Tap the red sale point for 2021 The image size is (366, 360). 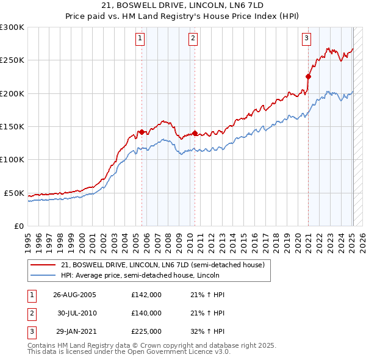[308, 76]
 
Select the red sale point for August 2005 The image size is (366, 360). [142, 132]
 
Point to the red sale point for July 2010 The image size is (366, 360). [195, 133]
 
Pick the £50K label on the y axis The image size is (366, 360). [14, 193]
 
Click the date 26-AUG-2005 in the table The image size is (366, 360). [74, 295]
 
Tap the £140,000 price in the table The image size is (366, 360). [146, 313]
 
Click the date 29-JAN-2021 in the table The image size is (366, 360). [74, 331]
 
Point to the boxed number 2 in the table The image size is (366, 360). [31, 313]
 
